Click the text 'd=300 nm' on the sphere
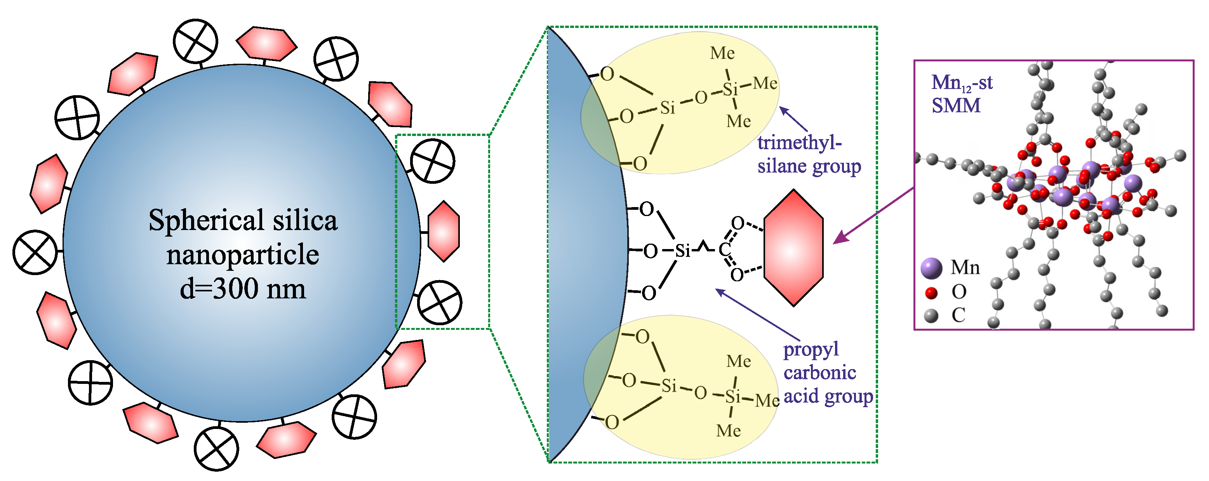point(243,288)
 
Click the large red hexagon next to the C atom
point(793,248)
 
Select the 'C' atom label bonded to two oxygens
point(724,249)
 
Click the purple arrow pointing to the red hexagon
point(873,216)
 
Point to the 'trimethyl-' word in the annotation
point(799,142)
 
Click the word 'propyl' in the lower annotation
point(811,349)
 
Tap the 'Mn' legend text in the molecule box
point(965,268)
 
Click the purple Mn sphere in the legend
point(931,268)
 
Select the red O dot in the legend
point(931,293)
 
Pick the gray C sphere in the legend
point(931,315)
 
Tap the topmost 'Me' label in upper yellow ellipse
point(722,53)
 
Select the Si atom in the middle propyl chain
point(682,251)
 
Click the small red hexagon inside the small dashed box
point(444,231)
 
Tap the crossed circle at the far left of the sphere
point(35,252)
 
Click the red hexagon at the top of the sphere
point(266,43)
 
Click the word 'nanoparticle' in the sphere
point(243,255)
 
